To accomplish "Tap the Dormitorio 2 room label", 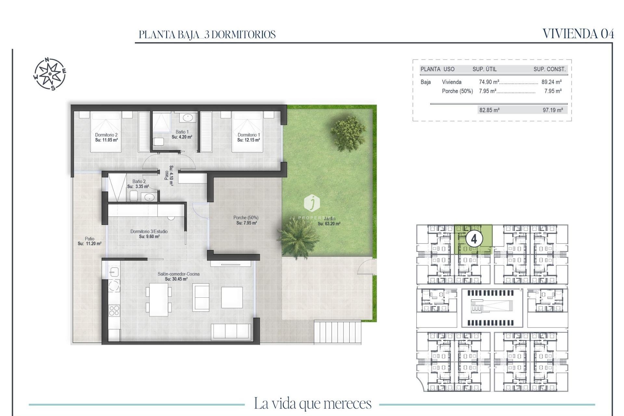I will click(106, 135).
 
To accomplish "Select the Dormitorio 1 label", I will click(249, 135).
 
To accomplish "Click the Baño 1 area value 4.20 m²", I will click(182, 137).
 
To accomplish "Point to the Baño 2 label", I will click(139, 181).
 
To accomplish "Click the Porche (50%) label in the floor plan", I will click(246, 218).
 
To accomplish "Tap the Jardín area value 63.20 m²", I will click(329, 224).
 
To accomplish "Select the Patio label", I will click(89, 239).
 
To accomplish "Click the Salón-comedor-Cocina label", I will click(178, 274).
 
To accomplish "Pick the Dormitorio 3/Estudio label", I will click(149, 231).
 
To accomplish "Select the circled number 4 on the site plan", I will click(474, 239).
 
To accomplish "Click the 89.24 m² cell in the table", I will click(552, 82).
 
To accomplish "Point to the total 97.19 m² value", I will click(552, 110).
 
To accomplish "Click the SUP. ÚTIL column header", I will click(484, 69).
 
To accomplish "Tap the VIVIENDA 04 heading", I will click(578, 34).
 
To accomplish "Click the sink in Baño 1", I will click(187, 117).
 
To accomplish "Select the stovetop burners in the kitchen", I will click(114, 310).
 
